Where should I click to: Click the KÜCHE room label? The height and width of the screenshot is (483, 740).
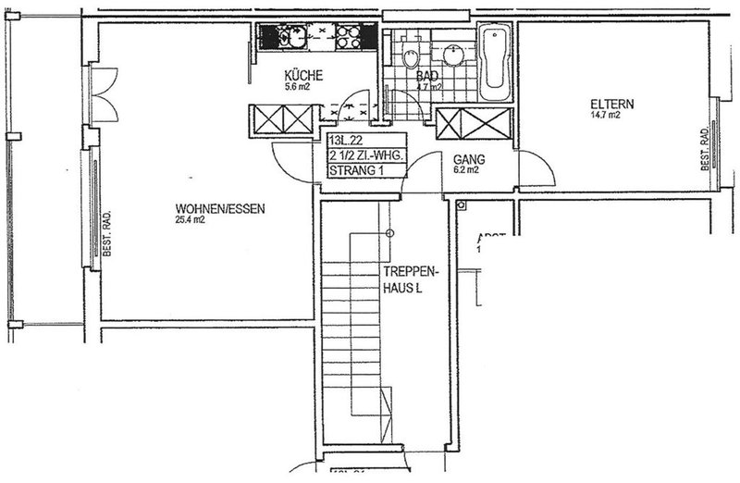coord(303,77)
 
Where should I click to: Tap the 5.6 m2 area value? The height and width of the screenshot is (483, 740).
coord(302,91)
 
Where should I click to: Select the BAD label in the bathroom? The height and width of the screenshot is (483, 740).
coord(426,77)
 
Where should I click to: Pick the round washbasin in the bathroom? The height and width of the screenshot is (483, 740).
coord(454,54)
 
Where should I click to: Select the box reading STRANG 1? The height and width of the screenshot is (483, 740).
coord(355,170)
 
